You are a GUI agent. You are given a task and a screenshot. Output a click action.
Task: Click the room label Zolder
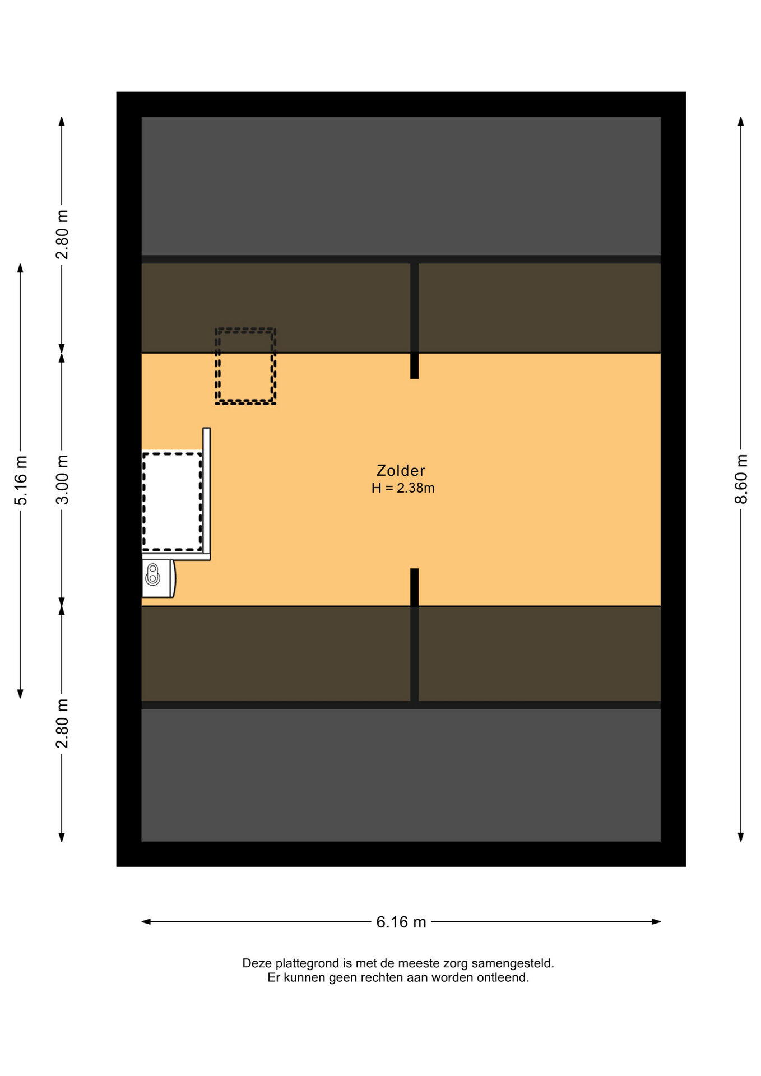click(x=401, y=471)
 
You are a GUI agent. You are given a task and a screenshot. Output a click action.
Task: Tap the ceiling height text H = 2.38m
click(x=403, y=488)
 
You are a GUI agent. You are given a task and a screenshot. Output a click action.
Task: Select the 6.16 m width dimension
click(x=401, y=922)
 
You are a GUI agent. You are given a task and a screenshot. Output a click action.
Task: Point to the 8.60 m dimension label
click(x=741, y=479)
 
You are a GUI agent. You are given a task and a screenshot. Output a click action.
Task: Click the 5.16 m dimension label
click(x=21, y=481)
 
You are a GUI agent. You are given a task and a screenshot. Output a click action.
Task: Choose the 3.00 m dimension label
click(x=62, y=480)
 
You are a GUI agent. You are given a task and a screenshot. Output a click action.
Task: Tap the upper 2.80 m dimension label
click(x=62, y=234)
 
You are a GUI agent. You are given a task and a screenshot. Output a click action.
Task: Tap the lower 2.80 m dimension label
click(x=62, y=723)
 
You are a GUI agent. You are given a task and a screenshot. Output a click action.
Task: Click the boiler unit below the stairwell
click(x=159, y=578)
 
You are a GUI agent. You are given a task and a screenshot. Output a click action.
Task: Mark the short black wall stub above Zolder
click(x=414, y=321)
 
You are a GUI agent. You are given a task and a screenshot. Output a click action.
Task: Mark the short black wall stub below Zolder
click(x=414, y=587)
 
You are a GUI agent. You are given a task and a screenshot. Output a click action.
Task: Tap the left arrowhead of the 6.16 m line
click(x=146, y=921)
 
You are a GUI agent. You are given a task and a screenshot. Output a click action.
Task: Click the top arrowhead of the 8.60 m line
click(x=741, y=122)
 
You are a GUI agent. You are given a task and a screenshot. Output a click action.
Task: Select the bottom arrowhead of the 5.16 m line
click(x=21, y=694)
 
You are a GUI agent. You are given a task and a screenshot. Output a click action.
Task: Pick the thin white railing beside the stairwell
click(x=207, y=494)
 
